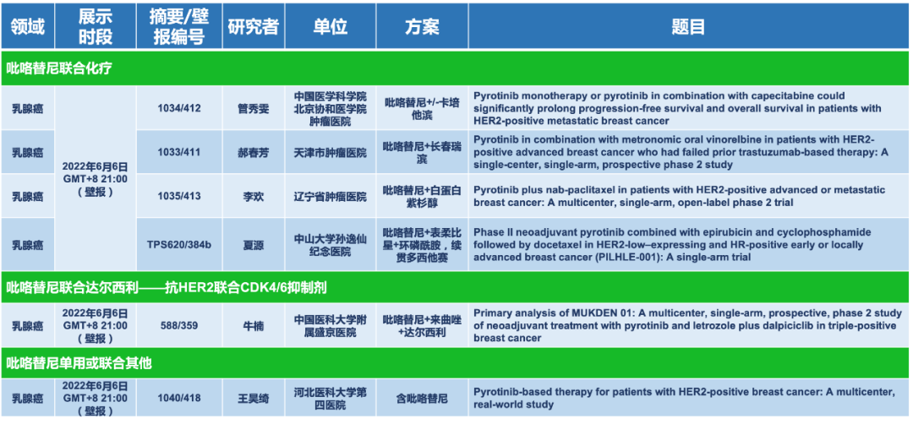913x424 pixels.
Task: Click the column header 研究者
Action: pyautogui.click(x=253, y=27)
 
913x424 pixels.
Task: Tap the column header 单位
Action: pyautogui.click(x=331, y=27)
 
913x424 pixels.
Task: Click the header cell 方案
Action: pyautogui.click(x=422, y=27)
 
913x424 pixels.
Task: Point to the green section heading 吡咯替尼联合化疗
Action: pyautogui.click(x=59, y=68)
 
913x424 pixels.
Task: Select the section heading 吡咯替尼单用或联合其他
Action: pyautogui.click(x=79, y=363)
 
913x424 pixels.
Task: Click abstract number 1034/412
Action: pyautogui.click(x=178, y=108)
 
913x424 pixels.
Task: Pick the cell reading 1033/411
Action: pyautogui.click(x=178, y=152)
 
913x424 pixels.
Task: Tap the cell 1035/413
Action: pyautogui.click(x=178, y=196)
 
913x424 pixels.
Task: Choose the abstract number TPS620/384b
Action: pyautogui.click(x=178, y=244)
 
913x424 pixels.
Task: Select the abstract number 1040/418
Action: pyautogui.click(x=178, y=398)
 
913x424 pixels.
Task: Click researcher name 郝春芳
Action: pyautogui.click(x=253, y=152)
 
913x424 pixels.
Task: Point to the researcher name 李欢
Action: pyautogui.click(x=253, y=196)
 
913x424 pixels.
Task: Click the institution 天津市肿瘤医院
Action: pyautogui.click(x=331, y=152)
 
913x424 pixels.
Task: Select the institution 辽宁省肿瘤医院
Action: pyautogui.click(x=331, y=196)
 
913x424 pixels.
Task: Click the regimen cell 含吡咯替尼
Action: pyautogui.click(x=422, y=398)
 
